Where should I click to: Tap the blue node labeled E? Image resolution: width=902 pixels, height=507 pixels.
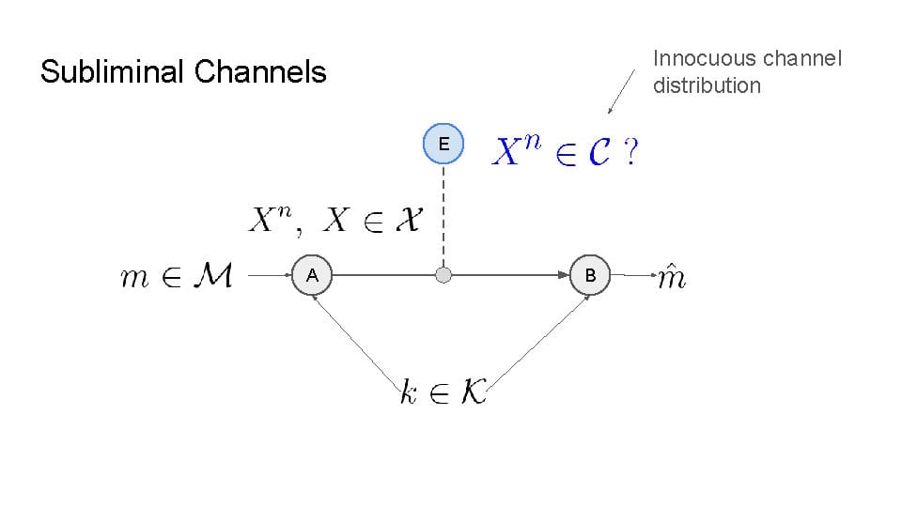[443, 144]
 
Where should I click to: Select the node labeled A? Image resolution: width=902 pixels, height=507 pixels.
[312, 276]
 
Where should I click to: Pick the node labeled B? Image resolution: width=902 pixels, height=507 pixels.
[590, 276]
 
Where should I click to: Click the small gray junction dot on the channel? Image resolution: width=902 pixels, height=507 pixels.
[443, 276]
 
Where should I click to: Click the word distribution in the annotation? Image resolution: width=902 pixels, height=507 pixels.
[707, 85]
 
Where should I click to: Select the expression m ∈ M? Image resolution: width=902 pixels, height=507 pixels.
[177, 277]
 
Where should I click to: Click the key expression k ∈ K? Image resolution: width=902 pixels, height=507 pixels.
[442, 393]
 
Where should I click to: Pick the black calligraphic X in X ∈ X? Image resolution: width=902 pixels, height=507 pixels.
[406, 222]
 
